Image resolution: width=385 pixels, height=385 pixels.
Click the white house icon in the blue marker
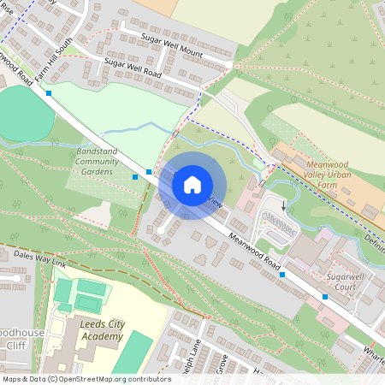pyautogui.click(x=192, y=184)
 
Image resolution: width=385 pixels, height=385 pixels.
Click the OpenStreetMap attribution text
pyautogui.click(x=86, y=378)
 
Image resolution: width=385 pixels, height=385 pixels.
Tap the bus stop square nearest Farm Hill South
pyautogui.click(x=50, y=92)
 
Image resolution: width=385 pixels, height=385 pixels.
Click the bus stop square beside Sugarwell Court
pyautogui.click(x=325, y=297)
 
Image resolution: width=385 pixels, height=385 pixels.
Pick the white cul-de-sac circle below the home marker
pyautogui.click(x=160, y=230)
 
